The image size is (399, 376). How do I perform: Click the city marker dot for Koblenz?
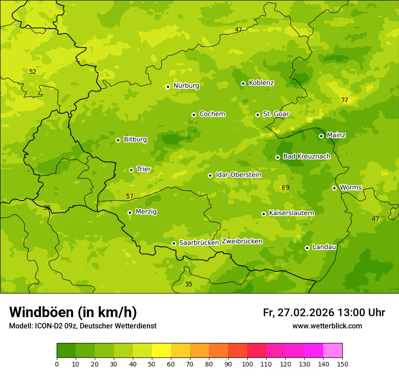(x=243, y=83)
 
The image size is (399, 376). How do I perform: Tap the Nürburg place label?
(x=186, y=86)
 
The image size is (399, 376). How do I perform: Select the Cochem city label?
(x=212, y=114)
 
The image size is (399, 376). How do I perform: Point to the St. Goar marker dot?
(x=258, y=115)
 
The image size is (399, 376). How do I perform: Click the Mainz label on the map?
(x=336, y=135)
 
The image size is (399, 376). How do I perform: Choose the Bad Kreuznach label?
(x=307, y=157)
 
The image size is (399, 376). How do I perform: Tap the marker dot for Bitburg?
(x=118, y=140)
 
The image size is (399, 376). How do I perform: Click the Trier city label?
(x=143, y=169)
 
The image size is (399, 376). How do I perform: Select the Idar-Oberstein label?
(x=238, y=175)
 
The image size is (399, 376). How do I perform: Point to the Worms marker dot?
(x=334, y=188)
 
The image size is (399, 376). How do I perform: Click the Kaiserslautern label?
(x=291, y=213)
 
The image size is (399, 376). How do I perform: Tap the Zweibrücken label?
(x=242, y=241)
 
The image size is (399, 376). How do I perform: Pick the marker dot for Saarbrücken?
(x=174, y=243)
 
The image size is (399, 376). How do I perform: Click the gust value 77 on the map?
(x=345, y=101)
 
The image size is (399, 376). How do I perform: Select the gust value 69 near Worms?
(x=285, y=188)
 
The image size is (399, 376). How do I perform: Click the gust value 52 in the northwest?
(x=33, y=72)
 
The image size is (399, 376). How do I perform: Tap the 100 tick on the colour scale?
(x=247, y=364)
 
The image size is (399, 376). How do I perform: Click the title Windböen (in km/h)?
(x=73, y=312)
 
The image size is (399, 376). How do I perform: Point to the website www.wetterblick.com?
(x=327, y=326)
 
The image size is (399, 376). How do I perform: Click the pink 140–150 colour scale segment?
(x=333, y=351)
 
